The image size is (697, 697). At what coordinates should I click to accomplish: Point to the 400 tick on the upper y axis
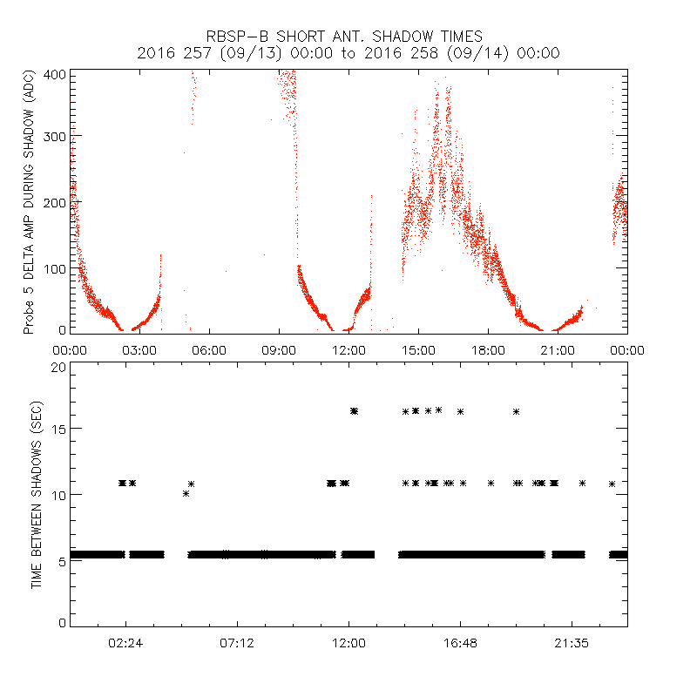click(x=55, y=73)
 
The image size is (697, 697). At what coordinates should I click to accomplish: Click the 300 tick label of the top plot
click(x=55, y=138)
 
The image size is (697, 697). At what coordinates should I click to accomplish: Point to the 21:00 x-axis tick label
click(x=558, y=349)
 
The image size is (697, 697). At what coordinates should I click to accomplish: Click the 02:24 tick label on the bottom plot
click(x=125, y=644)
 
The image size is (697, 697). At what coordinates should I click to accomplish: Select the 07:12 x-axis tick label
click(x=237, y=644)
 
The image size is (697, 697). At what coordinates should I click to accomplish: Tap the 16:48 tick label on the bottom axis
click(x=460, y=644)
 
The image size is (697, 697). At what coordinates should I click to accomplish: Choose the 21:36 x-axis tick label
click(x=572, y=644)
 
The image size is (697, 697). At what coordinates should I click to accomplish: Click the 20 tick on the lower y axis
click(x=59, y=366)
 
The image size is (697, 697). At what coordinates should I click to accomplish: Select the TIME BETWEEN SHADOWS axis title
click(x=36, y=495)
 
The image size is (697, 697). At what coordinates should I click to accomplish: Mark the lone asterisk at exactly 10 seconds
click(x=186, y=494)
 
